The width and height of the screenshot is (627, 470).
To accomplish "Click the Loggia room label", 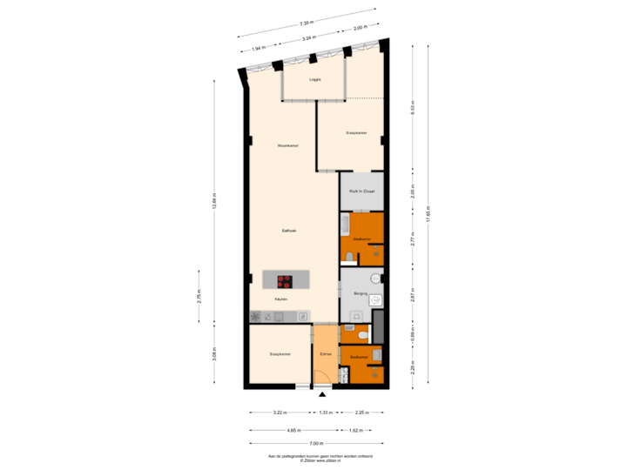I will coord(315,79).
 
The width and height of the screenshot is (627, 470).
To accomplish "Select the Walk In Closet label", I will coord(361,191).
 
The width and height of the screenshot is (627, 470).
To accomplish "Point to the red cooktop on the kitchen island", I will coord(284,280).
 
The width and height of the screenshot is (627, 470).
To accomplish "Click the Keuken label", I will coord(280,299).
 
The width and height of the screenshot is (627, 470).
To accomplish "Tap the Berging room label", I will coord(360,293).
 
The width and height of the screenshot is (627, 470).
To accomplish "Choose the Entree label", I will coord(325,354).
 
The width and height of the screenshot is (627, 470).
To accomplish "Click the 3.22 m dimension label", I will coord(280,413).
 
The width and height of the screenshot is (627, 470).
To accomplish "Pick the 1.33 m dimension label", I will coord(324,413).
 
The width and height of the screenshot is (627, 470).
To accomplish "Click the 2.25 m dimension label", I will coord(360,413).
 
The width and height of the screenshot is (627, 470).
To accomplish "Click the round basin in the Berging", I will coord(375,279).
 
